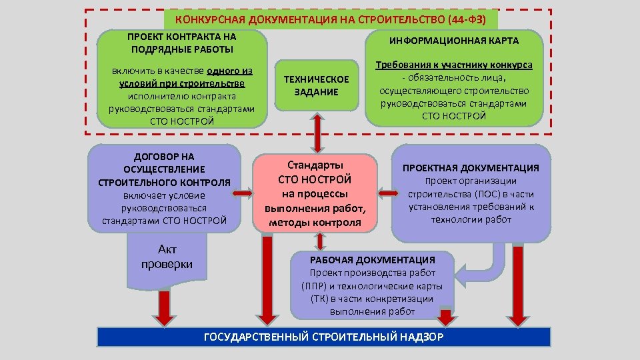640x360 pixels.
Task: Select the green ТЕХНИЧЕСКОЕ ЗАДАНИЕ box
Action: click(316, 86)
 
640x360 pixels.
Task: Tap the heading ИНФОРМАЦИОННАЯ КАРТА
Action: click(453, 41)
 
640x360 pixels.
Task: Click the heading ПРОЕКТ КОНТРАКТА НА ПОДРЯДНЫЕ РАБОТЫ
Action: click(181, 42)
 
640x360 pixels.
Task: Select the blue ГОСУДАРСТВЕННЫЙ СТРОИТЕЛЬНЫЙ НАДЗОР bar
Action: click(323, 337)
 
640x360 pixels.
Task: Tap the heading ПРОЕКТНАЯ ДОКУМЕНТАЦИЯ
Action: click(471, 168)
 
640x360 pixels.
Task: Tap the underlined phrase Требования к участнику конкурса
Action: click(454, 65)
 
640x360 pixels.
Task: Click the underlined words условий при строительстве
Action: click(181, 83)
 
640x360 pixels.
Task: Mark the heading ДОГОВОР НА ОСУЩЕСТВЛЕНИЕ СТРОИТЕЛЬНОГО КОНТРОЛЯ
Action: click(164, 169)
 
